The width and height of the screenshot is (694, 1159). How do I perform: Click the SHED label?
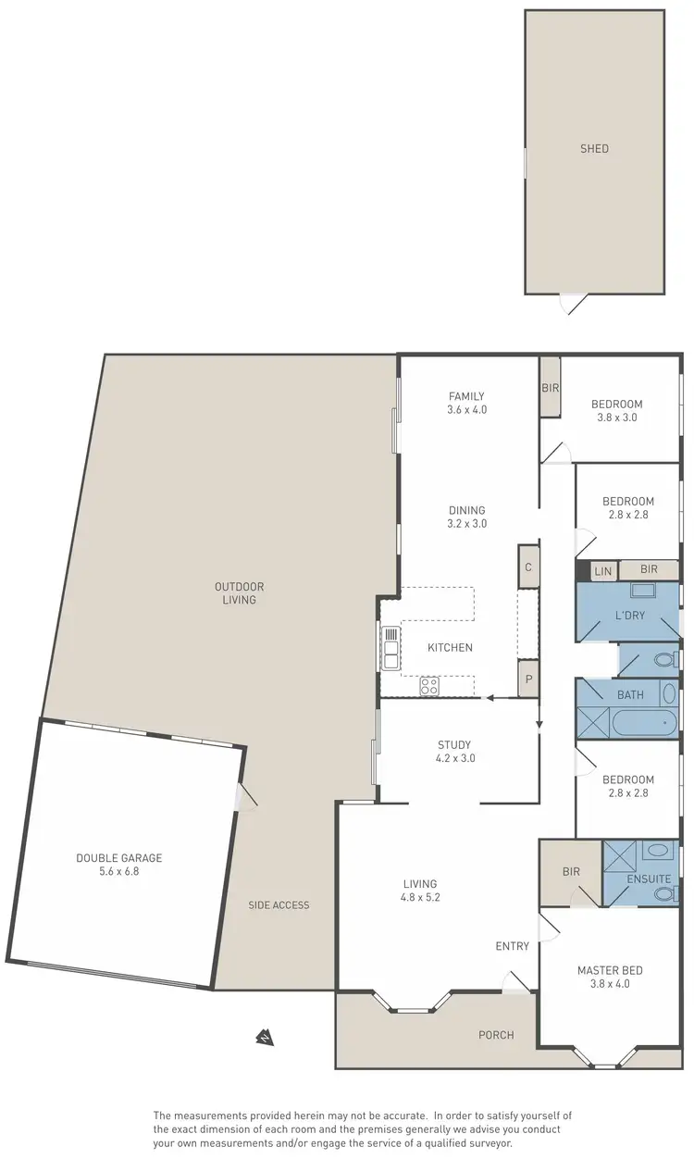pyautogui.click(x=594, y=148)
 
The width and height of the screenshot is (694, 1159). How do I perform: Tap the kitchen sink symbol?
pyautogui.click(x=390, y=647)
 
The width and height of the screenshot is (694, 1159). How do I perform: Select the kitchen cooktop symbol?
pyautogui.click(x=430, y=686)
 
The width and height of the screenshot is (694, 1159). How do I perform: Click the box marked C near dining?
pyautogui.click(x=527, y=567)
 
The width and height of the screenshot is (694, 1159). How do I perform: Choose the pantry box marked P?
pyautogui.click(x=527, y=678)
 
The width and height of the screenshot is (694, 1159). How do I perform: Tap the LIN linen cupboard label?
pyautogui.click(x=602, y=571)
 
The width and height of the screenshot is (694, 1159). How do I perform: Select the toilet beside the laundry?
pyautogui.click(x=662, y=660)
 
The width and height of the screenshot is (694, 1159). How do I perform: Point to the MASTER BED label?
pyautogui.click(x=610, y=970)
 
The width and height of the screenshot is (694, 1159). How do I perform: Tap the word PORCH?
pyautogui.click(x=496, y=1034)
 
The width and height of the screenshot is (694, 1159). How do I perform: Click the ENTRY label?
pyautogui.click(x=512, y=945)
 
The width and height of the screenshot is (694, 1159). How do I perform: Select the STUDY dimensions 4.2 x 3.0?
pyautogui.click(x=454, y=757)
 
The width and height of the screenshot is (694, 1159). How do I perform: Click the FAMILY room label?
pyautogui.click(x=466, y=396)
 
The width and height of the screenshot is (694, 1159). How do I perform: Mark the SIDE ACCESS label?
pyautogui.click(x=279, y=904)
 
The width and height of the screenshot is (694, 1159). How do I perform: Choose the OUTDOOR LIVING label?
pyautogui.click(x=239, y=592)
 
